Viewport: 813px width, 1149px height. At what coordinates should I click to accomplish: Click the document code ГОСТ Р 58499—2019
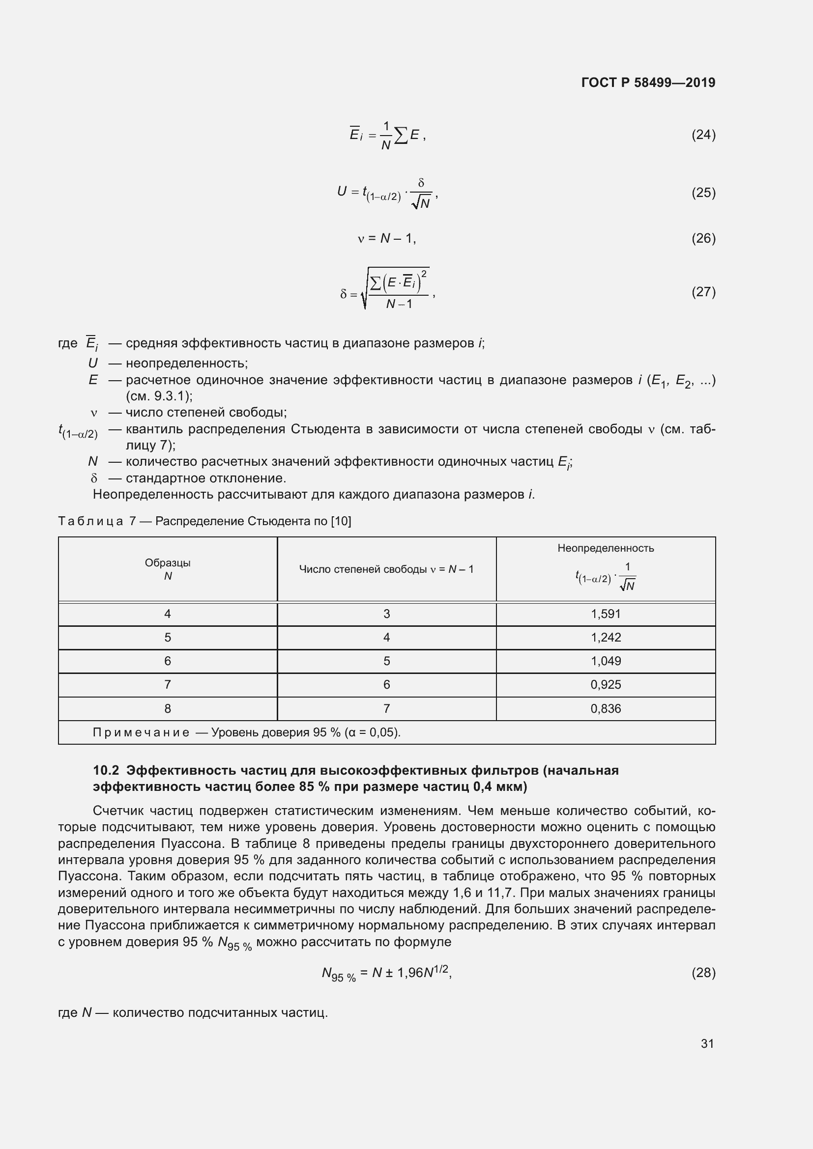coord(648,83)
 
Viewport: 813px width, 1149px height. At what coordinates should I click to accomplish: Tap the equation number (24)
coord(703,135)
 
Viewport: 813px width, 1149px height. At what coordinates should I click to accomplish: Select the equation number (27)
coord(703,292)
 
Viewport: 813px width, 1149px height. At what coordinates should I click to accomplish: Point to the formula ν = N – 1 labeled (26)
coord(386,239)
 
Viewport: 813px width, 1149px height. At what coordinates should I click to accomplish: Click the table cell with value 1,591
coord(605,614)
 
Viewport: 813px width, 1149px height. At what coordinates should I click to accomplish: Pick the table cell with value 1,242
coord(605,638)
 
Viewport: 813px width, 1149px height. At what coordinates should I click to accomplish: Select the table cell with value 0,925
coord(605,685)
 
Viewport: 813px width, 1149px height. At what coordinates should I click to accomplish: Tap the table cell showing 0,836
coord(605,709)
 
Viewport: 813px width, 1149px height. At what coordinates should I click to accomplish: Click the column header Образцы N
coord(168,569)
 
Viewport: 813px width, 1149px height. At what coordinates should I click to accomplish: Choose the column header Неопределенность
coord(605,549)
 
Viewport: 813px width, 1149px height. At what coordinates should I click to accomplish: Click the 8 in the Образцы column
coord(168,709)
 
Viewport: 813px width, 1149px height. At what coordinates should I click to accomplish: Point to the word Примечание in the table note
coord(141,732)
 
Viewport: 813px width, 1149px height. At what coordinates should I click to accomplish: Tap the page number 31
coord(707,1043)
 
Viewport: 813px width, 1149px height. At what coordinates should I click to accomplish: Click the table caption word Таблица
coord(90,522)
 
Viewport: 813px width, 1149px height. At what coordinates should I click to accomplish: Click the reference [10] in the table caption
coord(341,522)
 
